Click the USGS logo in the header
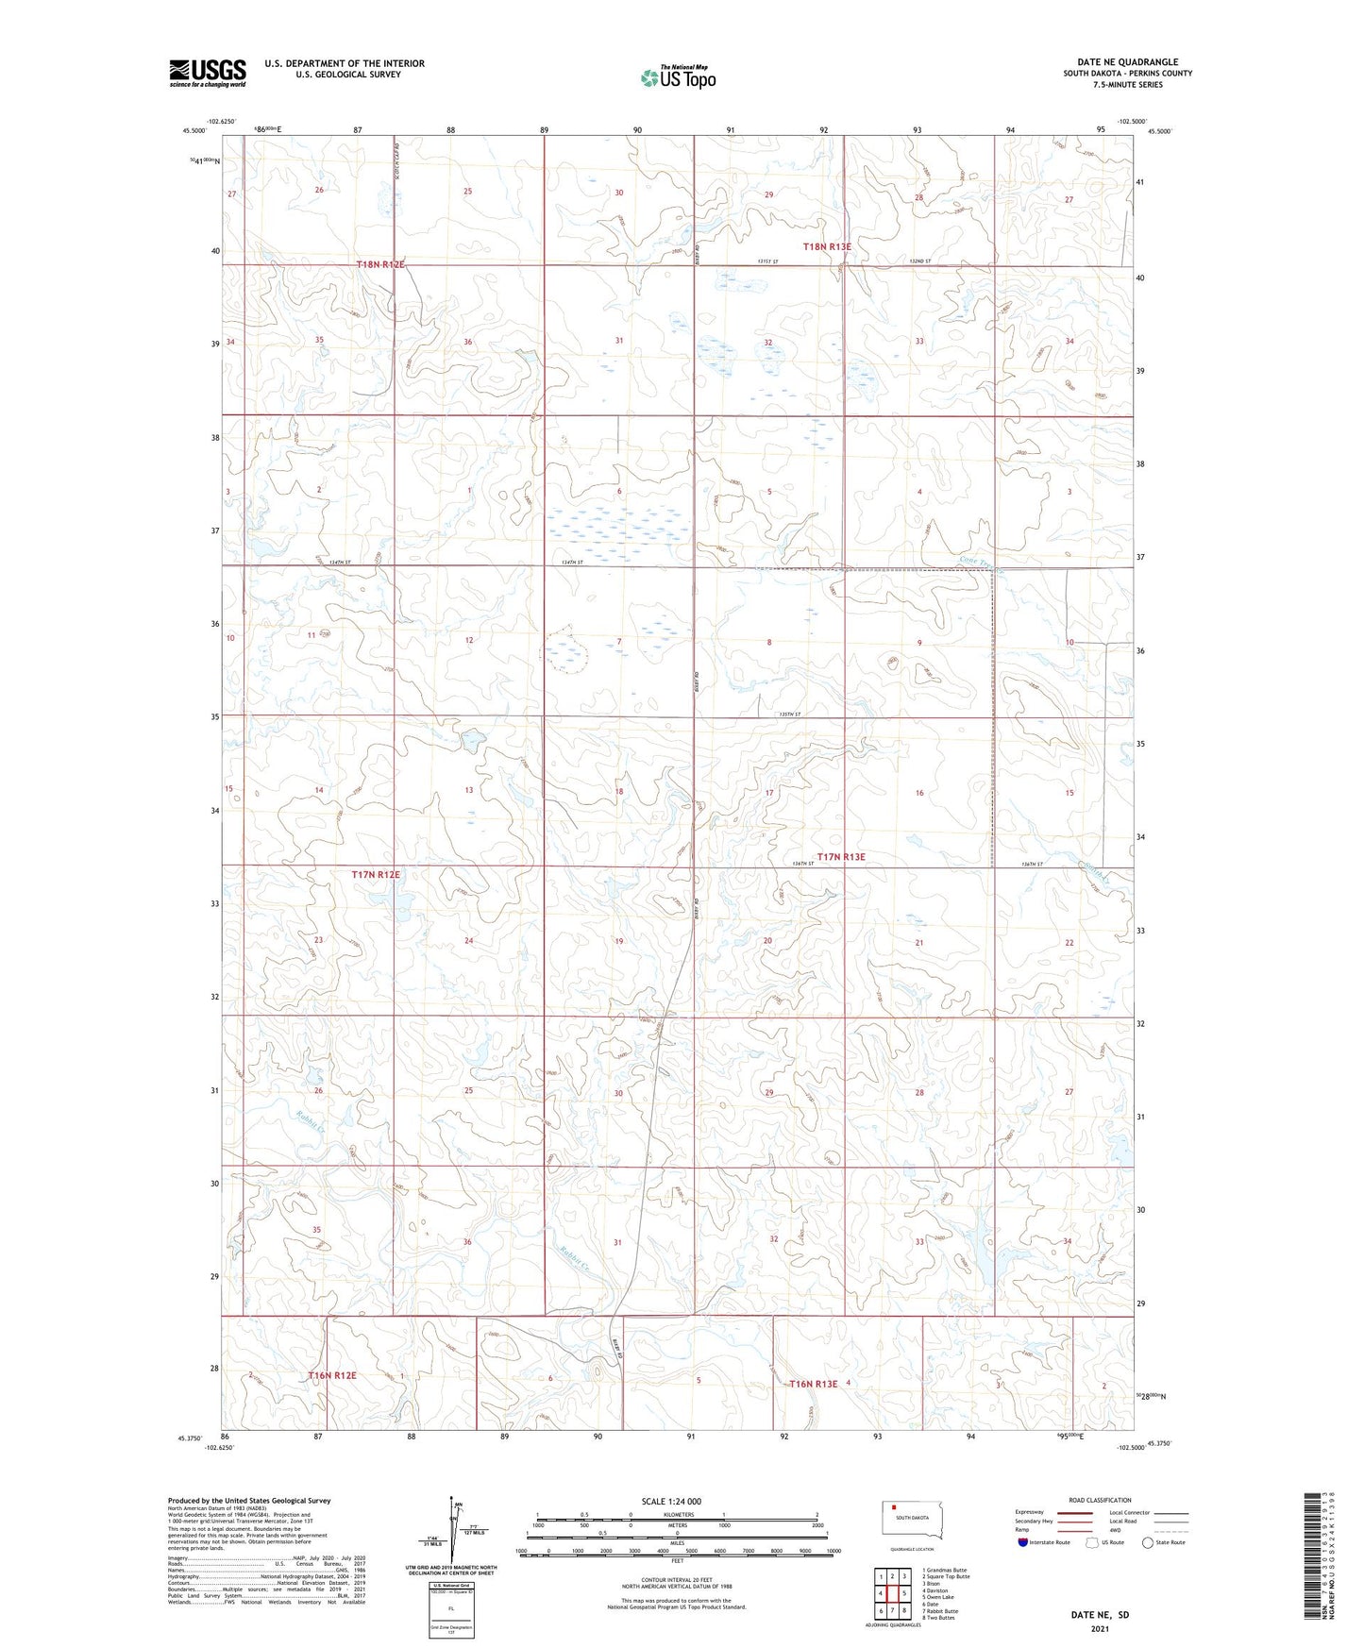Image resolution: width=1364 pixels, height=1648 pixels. pyautogui.click(x=208, y=73)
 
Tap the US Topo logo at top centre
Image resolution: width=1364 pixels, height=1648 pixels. pyautogui.click(x=678, y=77)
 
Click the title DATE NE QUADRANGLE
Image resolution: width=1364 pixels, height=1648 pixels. pyautogui.click(x=1127, y=62)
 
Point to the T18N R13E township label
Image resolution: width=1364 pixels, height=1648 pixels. pyautogui.click(x=827, y=246)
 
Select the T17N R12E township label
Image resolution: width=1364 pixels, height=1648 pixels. pyautogui.click(x=376, y=875)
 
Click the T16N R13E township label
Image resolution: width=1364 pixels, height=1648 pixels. pyautogui.click(x=813, y=1384)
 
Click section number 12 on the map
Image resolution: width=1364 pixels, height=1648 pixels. pyautogui.click(x=469, y=640)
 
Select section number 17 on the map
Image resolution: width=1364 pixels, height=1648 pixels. pyautogui.click(x=769, y=793)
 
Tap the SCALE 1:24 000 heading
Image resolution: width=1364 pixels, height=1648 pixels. pyautogui.click(x=671, y=1501)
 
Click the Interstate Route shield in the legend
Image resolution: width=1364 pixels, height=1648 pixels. pyautogui.click(x=1023, y=1542)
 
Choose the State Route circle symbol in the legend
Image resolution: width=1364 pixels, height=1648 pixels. pyautogui.click(x=1148, y=1542)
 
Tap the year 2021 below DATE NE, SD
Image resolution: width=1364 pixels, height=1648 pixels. pyautogui.click(x=1099, y=1628)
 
